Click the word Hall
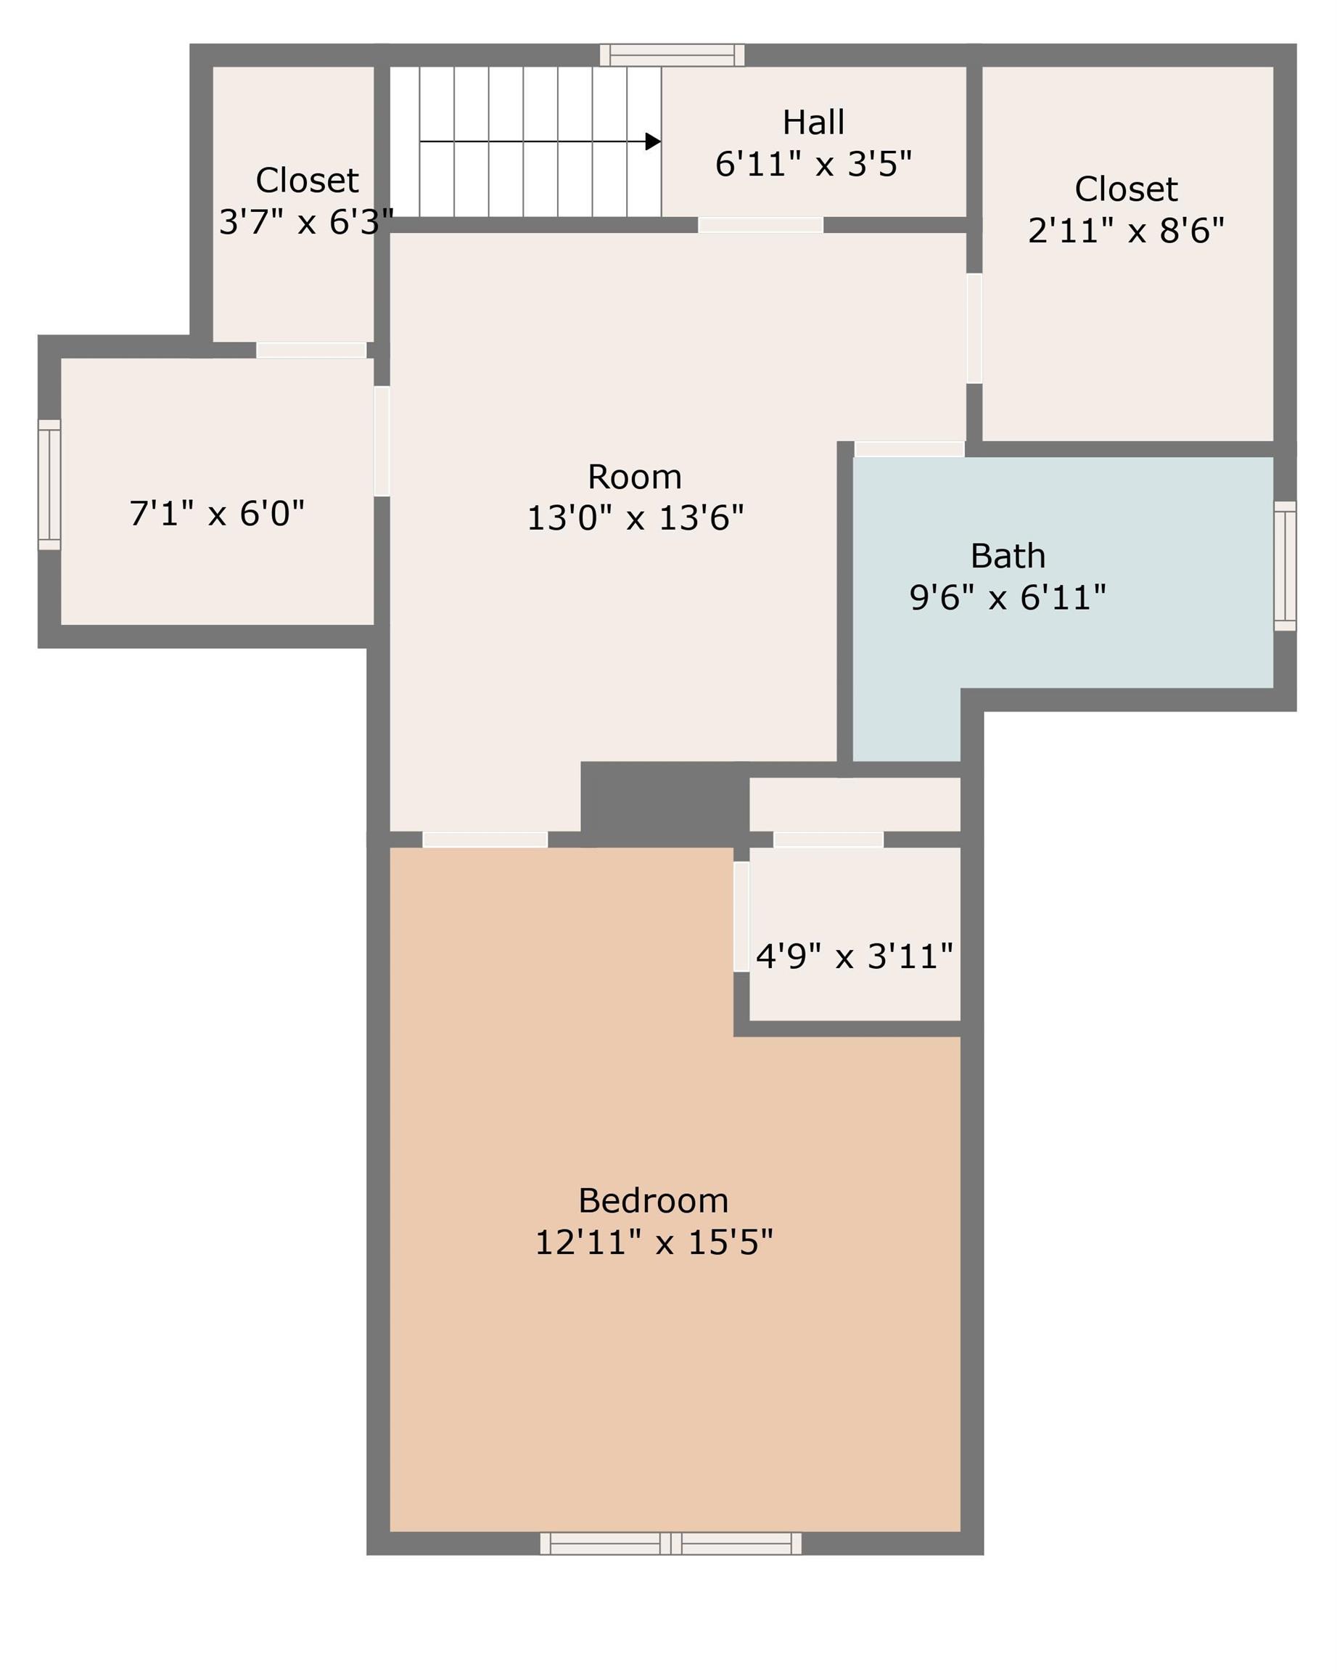[x=813, y=123]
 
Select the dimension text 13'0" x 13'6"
[x=635, y=518]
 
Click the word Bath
[x=1008, y=556]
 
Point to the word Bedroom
[x=654, y=1200]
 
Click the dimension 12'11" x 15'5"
[x=654, y=1242]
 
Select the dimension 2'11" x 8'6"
[x=1125, y=231]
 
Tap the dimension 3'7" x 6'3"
[x=306, y=223]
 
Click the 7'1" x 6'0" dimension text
[x=217, y=513]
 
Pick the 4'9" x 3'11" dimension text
[x=854, y=956]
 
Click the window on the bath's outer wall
[x=1284, y=565]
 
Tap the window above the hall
[x=672, y=55]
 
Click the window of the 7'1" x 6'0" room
[x=49, y=485]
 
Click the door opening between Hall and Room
[x=760, y=225]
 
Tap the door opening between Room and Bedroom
[x=485, y=839]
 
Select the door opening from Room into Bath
[x=909, y=449]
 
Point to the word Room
[x=635, y=477]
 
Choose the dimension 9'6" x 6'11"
[x=1008, y=598]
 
